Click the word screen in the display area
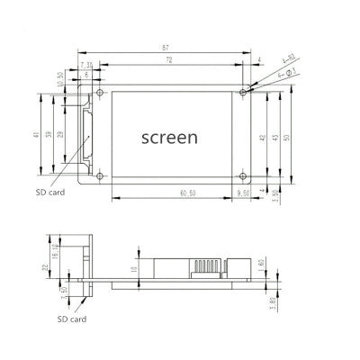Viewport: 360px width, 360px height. [170, 137]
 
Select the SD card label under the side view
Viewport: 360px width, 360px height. [73, 318]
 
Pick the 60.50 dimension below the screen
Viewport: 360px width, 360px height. [163, 192]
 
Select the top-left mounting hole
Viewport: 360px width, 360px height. [101, 92]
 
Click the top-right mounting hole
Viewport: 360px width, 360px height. [242, 92]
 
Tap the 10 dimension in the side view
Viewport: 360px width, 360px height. [133, 267]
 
